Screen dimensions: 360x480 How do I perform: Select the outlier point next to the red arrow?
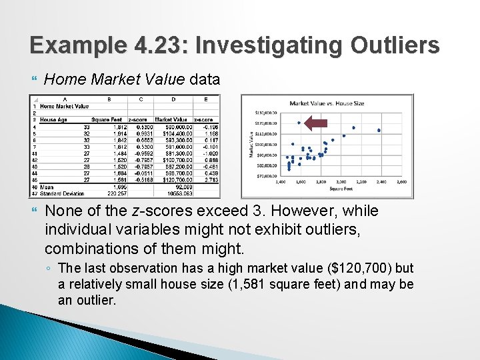point(299,123)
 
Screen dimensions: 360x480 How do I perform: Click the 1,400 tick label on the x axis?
point(280,181)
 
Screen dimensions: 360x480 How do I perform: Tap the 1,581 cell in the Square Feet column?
point(119,179)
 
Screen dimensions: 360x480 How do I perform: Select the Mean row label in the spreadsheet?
point(47,187)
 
